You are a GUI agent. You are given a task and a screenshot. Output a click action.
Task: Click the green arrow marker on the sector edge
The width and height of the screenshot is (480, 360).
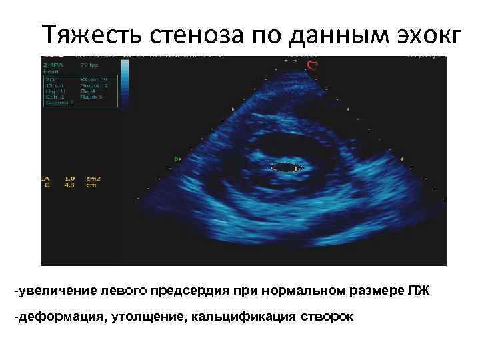(177, 159)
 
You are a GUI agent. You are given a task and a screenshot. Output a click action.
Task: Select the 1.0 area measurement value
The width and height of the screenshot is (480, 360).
(69, 179)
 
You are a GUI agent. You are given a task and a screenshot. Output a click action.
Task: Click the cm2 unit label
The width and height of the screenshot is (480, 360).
(93, 179)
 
